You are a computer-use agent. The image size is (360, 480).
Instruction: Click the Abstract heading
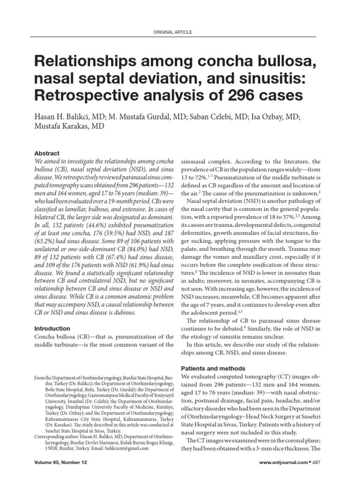(x=47, y=153)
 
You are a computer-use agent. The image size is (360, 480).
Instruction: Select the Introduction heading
(x=53, y=329)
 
